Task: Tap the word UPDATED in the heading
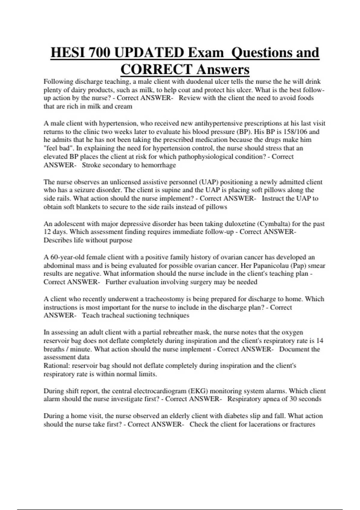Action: click(x=149, y=53)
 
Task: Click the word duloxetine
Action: click(x=239, y=224)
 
